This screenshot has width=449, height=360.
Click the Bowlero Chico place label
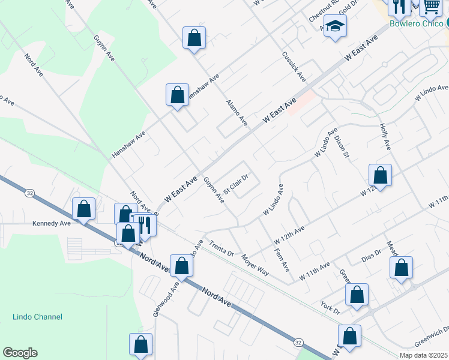click(x=415, y=24)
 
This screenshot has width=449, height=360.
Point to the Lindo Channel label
click(x=37, y=317)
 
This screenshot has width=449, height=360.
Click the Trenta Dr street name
click(x=221, y=247)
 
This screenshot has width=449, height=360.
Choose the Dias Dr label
click(x=372, y=257)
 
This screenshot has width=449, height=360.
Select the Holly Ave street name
click(x=385, y=137)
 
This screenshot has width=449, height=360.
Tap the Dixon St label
click(x=342, y=146)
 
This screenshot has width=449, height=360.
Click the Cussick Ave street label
click(x=294, y=67)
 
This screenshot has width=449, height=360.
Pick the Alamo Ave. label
click(x=237, y=113)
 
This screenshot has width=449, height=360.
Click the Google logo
click(x=20, y=353)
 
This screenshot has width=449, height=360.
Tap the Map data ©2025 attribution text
click(x=423, y=355)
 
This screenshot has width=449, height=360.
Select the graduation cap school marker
click(x=336, y=26)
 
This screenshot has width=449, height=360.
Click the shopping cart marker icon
click(x=431, y=7)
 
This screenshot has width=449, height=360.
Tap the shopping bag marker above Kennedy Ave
click(x=84, y=209)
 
